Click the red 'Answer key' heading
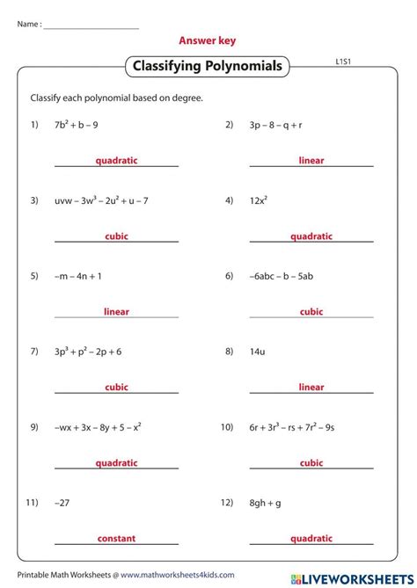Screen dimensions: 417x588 tap(208, 40)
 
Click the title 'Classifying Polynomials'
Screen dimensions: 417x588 tap(208, 66)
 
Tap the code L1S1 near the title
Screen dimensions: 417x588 tap(344, 62)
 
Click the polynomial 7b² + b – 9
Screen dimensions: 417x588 tap(78, 125)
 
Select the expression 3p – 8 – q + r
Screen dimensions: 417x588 tap(276, 125)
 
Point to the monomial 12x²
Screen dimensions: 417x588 tap(258, 200)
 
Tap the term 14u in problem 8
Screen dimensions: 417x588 tap(257, 352)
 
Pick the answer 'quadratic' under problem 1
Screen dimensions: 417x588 tap(117, 161)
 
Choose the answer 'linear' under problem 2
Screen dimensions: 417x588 tap(311, 161)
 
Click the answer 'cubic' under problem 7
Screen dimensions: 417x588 tap(117, 387)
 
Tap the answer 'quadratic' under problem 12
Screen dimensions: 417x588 tap(311, 538)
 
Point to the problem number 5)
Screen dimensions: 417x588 tap(34, 276)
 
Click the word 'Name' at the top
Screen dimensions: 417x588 tap(26, 24)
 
